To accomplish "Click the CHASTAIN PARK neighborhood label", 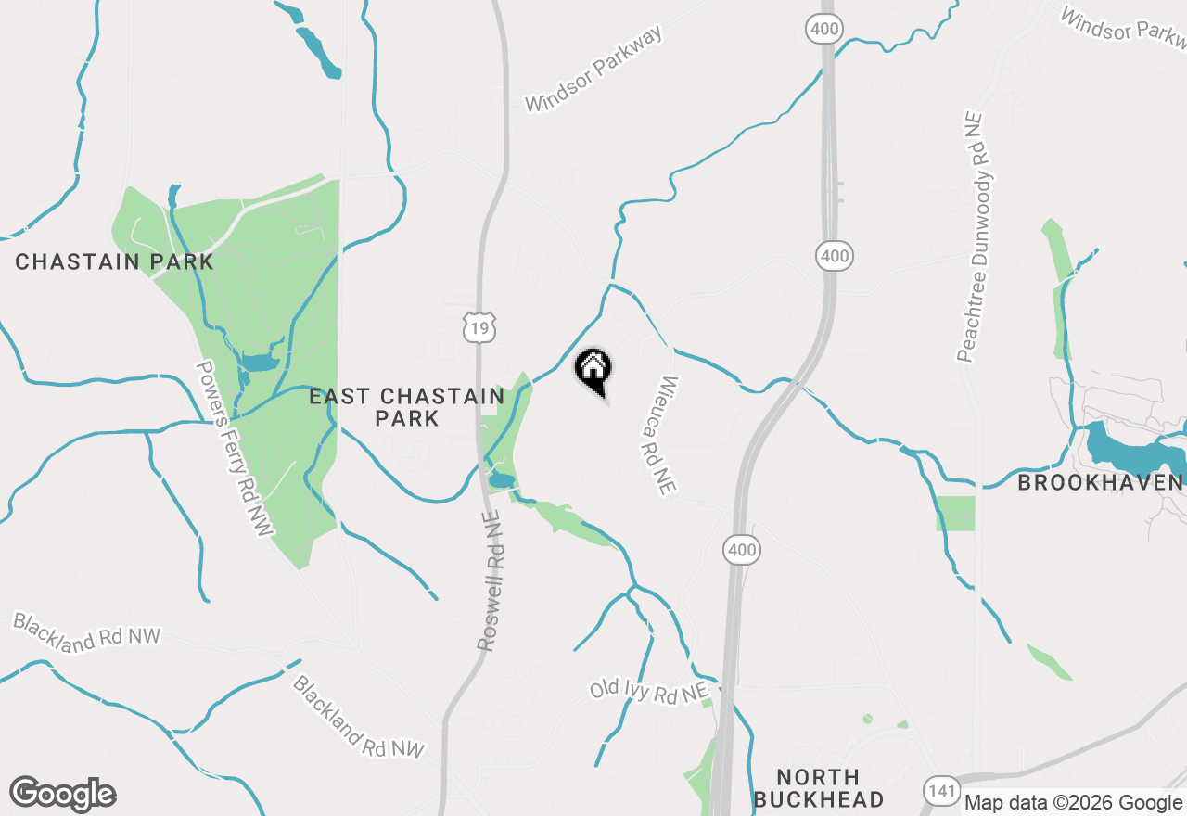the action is point(114,262).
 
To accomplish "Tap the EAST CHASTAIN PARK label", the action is point(406,408).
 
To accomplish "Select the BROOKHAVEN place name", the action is point(1100,483).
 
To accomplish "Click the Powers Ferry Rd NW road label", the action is point(236,448).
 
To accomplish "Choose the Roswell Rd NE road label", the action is point(491,580).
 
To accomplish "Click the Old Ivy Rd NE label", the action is point(649,690).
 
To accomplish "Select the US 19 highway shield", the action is point(479,325).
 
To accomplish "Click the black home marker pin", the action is point(593,370).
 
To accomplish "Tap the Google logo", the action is point(63,794).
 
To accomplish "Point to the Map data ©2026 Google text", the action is point(1073,803).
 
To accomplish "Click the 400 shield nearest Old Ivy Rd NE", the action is point(742,551).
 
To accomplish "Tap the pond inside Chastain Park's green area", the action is point(259,362).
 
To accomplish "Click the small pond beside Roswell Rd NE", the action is point(502,479).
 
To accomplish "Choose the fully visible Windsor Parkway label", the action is point(594,70).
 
